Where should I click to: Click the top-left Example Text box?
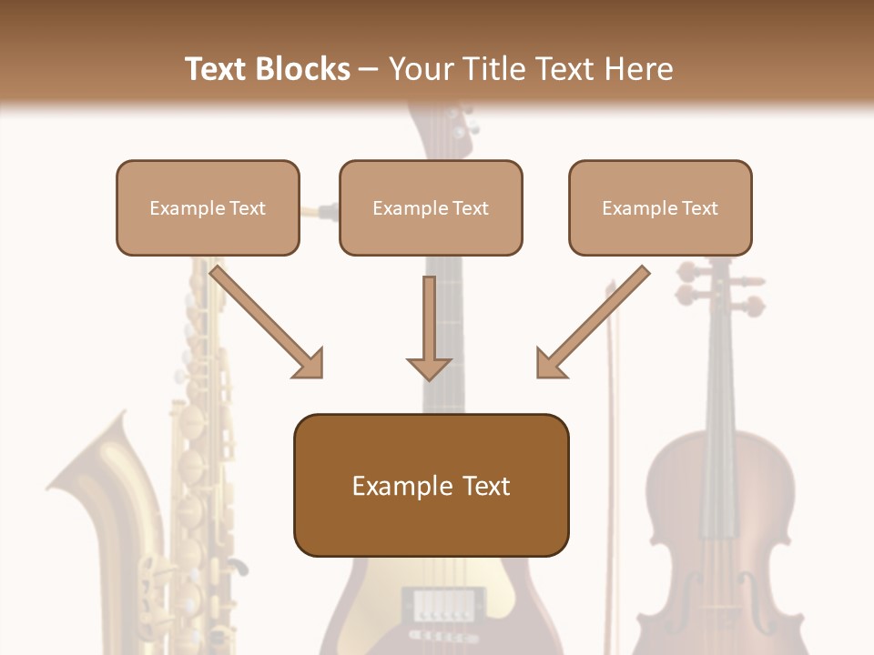[208, 207]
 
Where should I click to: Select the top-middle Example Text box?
[431, 207]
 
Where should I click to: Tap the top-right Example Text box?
[660, 207]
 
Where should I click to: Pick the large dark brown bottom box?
[431, 485]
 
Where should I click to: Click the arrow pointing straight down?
[429, 327]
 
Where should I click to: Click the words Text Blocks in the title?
[267, 69]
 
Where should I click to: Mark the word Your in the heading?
[421, 69]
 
